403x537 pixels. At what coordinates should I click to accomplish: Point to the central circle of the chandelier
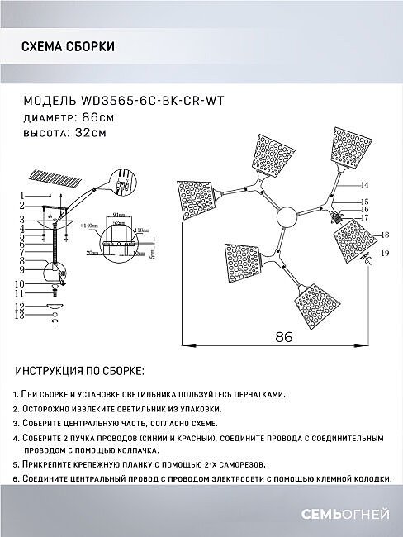(285, 217)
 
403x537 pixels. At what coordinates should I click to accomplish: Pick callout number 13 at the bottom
(23, 316)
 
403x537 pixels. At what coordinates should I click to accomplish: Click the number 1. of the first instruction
(18, 396)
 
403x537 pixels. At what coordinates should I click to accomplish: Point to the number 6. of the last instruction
(18, 479)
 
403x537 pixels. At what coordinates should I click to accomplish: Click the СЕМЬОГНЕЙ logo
(343, 516)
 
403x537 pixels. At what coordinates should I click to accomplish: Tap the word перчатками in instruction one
(257, 396)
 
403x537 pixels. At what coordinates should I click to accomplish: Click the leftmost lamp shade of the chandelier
(197, 197)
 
